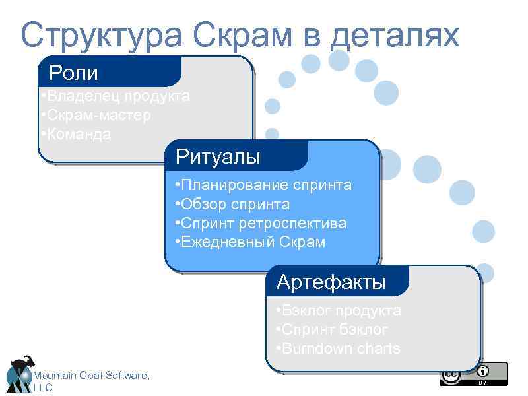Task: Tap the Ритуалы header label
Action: pyautogui.click(x=218, y=157)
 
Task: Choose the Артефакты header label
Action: pyautogui.click(x=331, y=282)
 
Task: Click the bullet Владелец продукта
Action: pyautogui.click(x=115, y=96)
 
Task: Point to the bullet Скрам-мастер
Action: pyautogui.click(x=95, y=115)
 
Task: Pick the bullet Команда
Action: pyautogui.click(x=75, y=135)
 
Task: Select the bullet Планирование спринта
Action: pyautogui.click(x=263, y=185)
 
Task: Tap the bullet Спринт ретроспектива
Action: pyautogui.click(x=261, y=223)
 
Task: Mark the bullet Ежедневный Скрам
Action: pyautogui.click(x=250, y=242)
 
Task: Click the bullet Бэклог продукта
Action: pyautogui.click(x=339, y=310)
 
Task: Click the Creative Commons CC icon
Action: pyautogui.click(x=450, y=375)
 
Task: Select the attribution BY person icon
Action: pyautogui.click(x=483, y=371)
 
